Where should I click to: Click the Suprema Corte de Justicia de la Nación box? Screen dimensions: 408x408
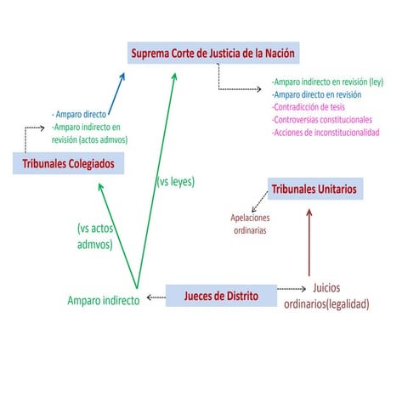pos(213,53)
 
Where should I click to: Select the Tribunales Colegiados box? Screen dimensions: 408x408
pos(68,163)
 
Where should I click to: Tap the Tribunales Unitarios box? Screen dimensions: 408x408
pos(315,189)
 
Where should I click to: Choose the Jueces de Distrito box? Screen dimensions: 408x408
pos(221,296)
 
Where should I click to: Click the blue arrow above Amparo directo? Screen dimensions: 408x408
pos(116,93)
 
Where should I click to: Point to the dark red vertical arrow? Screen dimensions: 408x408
pos(309,242)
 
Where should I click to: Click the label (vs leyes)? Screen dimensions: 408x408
pos(176,182)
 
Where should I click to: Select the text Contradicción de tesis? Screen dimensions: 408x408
pos(309,107)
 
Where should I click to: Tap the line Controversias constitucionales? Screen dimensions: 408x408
pos(322,120)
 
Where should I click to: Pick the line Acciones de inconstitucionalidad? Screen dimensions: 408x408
pos(326,133)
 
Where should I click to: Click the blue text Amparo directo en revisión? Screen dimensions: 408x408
pos(316,94)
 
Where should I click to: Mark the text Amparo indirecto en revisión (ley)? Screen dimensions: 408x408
pos(327,82)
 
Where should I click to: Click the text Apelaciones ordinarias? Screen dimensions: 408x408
pos(250,224)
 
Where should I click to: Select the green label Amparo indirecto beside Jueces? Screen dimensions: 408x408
pos(104,300)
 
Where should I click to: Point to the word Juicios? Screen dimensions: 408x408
pos(326,288)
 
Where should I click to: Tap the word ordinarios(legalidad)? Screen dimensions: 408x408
pos(326,304)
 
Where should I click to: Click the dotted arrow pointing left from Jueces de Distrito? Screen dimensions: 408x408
pos(156,297)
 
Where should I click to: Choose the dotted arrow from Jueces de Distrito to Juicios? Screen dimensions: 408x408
pos(292,289)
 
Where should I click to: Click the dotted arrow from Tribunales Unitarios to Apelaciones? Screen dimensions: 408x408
pos(259,201)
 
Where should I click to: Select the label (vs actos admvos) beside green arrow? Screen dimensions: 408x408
pos(95,236)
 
